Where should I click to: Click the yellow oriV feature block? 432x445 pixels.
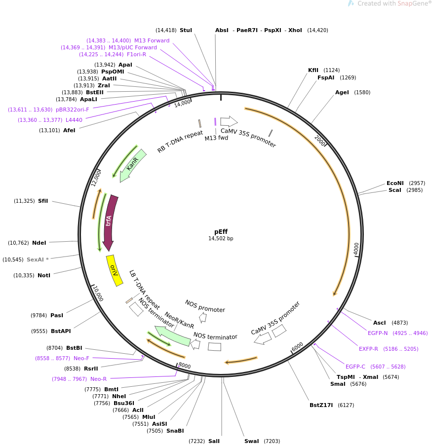click(115, 270)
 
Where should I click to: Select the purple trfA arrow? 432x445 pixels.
click(109, 222)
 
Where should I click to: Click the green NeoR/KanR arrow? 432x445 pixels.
click(172, 335)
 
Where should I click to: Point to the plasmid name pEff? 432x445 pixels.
click(221, 231)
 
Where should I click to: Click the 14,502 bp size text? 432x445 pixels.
click(221, 239)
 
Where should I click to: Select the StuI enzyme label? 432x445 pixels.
click(186, 30)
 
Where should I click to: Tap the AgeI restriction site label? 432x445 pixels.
click(342, 92)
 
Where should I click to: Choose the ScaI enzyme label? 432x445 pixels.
click(395, 190)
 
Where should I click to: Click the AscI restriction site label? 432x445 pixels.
click(380, 323)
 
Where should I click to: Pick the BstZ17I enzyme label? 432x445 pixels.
click(321, 405)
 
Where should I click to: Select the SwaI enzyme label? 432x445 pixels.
click(251, 441)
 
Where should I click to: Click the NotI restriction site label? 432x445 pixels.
click(44, 275)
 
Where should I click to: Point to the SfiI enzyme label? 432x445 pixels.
click(43, 201)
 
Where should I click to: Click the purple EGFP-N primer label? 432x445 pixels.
click(378, 333)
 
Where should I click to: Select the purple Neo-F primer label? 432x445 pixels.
click(82, 358)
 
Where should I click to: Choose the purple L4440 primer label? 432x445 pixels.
click(74, 120)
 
